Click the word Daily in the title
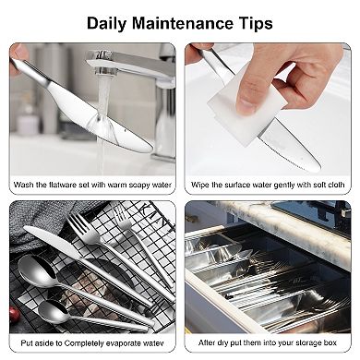click(109, 23)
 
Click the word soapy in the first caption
click(126, 185)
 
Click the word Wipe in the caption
click(201, 185)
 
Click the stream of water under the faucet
click(100, 120)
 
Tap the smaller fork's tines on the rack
click(124, 221)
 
